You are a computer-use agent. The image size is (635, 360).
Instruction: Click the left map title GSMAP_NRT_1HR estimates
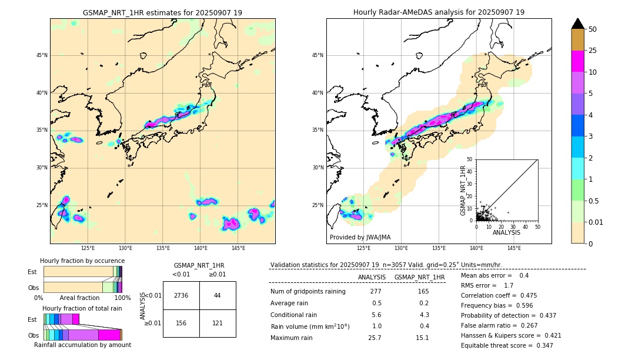162,12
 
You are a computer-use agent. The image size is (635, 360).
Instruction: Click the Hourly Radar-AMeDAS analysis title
439,12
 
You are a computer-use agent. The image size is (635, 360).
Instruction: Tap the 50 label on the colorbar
593,29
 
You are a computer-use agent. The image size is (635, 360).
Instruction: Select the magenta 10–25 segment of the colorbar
577,61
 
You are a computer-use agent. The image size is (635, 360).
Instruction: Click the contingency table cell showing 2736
181,295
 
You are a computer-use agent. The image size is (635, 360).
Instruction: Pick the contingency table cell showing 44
218,295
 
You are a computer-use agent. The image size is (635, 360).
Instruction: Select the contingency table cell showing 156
181,323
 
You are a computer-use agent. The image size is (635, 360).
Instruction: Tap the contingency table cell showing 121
218,323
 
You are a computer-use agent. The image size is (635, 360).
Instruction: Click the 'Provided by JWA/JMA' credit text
360,237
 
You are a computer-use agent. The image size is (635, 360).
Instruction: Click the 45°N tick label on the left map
42,55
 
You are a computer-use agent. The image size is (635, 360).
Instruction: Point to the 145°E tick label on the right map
514,248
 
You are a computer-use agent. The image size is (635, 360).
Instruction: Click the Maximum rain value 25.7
375,338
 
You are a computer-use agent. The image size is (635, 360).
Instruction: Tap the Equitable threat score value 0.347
540,345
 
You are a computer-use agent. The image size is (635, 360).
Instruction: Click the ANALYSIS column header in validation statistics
372,277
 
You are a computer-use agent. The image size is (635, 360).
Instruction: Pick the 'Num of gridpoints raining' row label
308,291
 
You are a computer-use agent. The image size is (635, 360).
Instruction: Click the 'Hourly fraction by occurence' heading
82,261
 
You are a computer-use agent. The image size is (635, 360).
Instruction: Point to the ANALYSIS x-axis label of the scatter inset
506,232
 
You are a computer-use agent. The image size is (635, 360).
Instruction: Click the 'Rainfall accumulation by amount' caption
82,345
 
